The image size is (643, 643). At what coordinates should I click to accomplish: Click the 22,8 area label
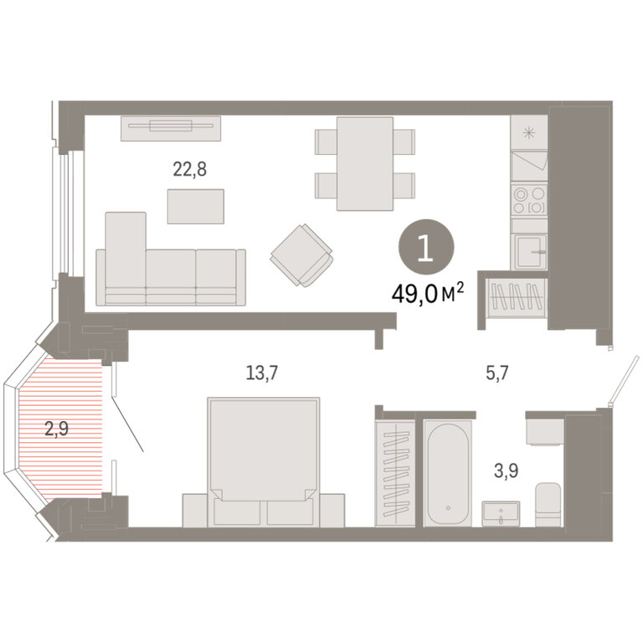189,169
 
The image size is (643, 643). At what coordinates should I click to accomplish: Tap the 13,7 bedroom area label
261,373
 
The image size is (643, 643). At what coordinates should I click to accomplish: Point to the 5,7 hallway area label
497,373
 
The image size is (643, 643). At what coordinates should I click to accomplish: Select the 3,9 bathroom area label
506,471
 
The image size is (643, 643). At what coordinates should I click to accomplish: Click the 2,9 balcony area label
57,429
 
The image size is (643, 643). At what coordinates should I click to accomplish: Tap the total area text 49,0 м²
428,293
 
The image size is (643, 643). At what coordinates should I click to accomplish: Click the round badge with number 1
426,246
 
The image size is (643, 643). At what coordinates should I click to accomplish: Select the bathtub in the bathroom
448,473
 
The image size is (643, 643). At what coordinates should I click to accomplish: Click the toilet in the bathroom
548,504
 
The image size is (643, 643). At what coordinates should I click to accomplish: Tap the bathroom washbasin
501,513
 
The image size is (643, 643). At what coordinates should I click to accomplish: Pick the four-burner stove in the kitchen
529,199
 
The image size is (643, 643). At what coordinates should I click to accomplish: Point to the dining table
365,163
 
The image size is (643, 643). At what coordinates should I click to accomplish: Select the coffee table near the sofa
196,206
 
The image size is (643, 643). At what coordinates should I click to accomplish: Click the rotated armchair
301,255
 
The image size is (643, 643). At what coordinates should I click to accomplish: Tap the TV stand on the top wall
171,128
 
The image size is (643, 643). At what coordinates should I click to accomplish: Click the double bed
263,462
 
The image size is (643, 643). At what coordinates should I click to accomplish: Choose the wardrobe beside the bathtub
395,473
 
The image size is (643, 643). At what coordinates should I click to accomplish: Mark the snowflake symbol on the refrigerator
529,133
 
